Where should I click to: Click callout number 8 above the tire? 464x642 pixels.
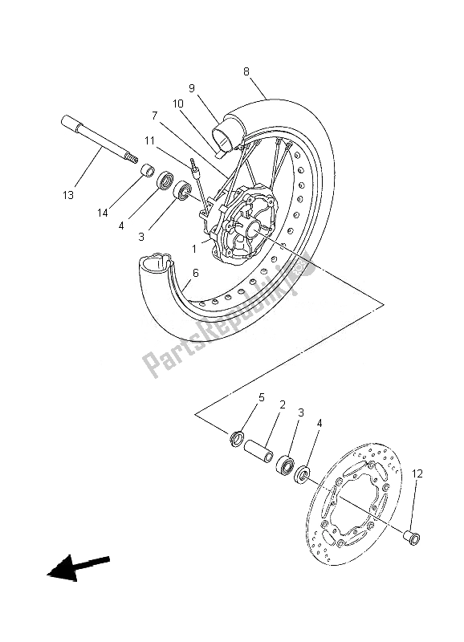tap(247, 71)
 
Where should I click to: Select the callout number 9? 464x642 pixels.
tap(193, 88)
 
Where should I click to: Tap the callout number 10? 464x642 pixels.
tap(177, 104)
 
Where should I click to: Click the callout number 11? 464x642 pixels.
tap(149, 140)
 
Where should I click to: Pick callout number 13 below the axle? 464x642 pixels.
tap(68, 195)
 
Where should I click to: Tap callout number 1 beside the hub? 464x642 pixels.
tap(193, 249)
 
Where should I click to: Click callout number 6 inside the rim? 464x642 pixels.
tap(194, 274)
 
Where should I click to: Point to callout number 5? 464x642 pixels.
tap(261, 397)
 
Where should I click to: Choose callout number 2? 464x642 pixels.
tap(283, 406)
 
